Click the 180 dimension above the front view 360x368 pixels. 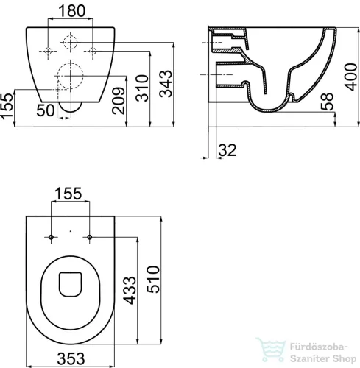[72, 11]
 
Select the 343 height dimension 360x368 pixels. [166, 84]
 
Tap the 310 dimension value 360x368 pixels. [142, 88]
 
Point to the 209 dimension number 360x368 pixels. [119, 101]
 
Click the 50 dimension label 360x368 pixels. [46, 110]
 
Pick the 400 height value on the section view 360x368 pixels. [351, 77]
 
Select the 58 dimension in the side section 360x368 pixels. [328, 102]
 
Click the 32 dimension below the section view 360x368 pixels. [227, 150]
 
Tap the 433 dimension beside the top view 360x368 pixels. [129, 291]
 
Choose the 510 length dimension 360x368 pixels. [153, 279]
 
